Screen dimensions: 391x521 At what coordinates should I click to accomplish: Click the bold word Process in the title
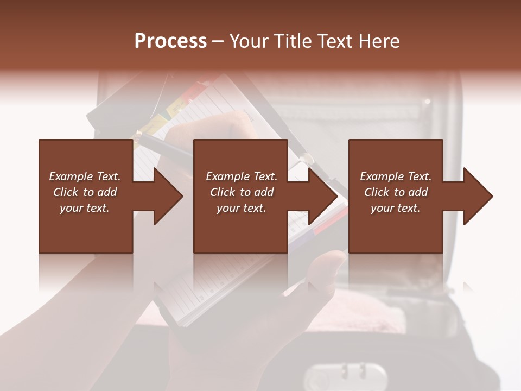[x=170, y=41]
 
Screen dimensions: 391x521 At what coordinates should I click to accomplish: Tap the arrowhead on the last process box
[x=478, y=196]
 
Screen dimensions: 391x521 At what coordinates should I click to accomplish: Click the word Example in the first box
[x=70, y=176]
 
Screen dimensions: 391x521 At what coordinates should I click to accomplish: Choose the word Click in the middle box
[x=222, y=192]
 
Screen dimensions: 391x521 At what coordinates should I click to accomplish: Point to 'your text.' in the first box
[x=84, y=208]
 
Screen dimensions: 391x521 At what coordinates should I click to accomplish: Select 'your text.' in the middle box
[x=241, y=208]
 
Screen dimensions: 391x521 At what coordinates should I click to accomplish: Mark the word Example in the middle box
[x=227, y=176]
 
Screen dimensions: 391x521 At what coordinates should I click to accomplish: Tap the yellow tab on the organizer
[x=157, y=122]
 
